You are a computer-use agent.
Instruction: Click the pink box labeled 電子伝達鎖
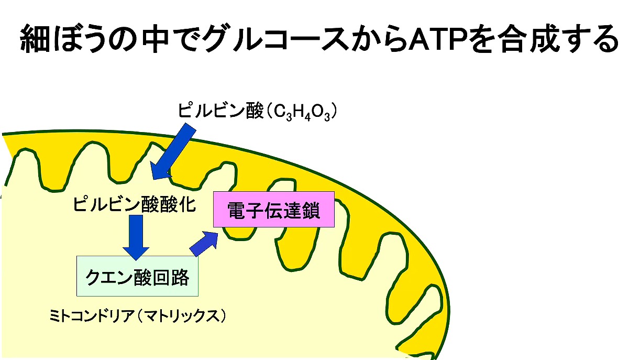[x=274, y=209]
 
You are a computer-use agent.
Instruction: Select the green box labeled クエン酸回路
[x=137, y=276]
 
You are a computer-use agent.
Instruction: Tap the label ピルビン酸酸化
[x=134, y=204]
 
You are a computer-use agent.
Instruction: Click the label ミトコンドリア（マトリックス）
[x=138, y=316]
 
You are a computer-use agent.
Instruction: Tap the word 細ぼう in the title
[x=64, y=39]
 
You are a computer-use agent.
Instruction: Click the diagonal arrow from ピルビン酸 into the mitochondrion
[x=173, y=151]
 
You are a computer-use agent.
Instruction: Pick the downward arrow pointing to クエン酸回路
[x=136, y=237]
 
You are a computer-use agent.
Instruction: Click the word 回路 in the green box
[x=171, y=277]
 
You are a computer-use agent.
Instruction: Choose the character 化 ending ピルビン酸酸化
[x=187, y=204]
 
